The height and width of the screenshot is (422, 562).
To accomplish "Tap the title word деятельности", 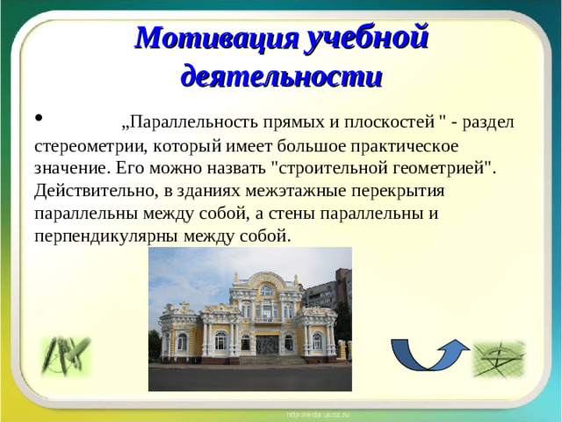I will coord(281,76).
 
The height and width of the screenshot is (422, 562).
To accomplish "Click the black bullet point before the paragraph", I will coord(39,118).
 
